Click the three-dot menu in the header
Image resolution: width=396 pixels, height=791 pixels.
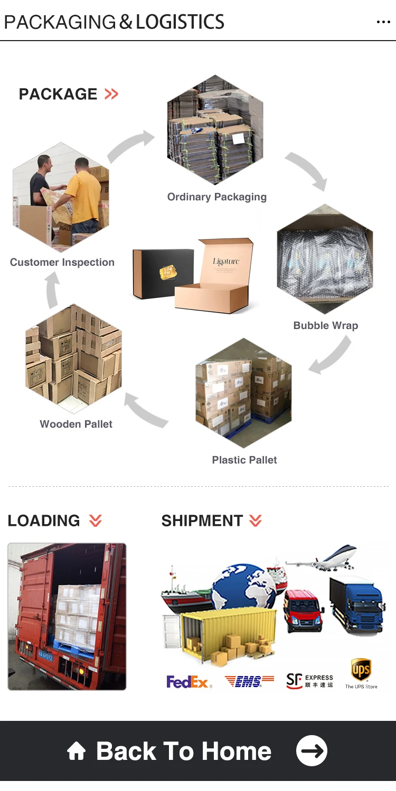pyautogui.click(x=383, y=22)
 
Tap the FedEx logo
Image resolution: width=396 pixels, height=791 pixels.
pyautogui.click(x=189, y=682)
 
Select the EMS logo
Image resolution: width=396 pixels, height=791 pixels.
pyautogui.click(x=249, y=681)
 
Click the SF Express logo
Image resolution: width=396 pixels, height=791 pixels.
pyautogui.click(x=309, y=681)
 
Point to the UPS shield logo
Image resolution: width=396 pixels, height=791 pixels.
pyautogui.click(x=361, y=670)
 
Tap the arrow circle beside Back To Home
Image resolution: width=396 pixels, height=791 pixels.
pyautogui.click(x=312, y=750)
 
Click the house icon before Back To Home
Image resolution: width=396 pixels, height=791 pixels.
pyautogui.click(x=77, y=751)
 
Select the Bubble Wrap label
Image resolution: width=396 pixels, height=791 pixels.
pyautogui.click(x=325, y=325)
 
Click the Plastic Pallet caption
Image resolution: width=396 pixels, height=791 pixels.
pyautogui.click(x=244, y=460)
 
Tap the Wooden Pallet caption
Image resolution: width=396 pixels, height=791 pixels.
pyautogui.click(x=76, y=424)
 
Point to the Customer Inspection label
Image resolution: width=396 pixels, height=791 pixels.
pyautogui.click(x=62, y=262)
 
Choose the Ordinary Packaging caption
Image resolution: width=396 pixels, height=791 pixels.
pyautogui.click(x=216, y=197)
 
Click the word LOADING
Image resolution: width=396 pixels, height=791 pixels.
pyautogui.click(x=44, y=520)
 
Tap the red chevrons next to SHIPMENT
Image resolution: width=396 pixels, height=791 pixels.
pyautogui.click(x=256, y=521)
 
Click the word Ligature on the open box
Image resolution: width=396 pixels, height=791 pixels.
pyautogui.click(x=226, y=261)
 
